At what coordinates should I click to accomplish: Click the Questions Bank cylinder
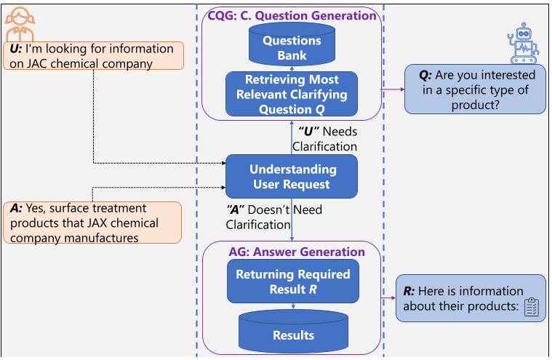coord(291,46)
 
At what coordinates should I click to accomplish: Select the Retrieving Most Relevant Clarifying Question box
coord(291,94)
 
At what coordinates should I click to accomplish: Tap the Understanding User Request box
coord(292,177)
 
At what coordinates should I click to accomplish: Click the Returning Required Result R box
coord(291,281)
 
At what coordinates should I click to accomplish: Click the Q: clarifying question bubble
coord(476,89)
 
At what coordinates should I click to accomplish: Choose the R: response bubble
coord(471,299)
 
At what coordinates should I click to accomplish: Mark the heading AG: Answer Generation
coord(291,252)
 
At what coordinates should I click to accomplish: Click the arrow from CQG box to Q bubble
coord(393,89)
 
